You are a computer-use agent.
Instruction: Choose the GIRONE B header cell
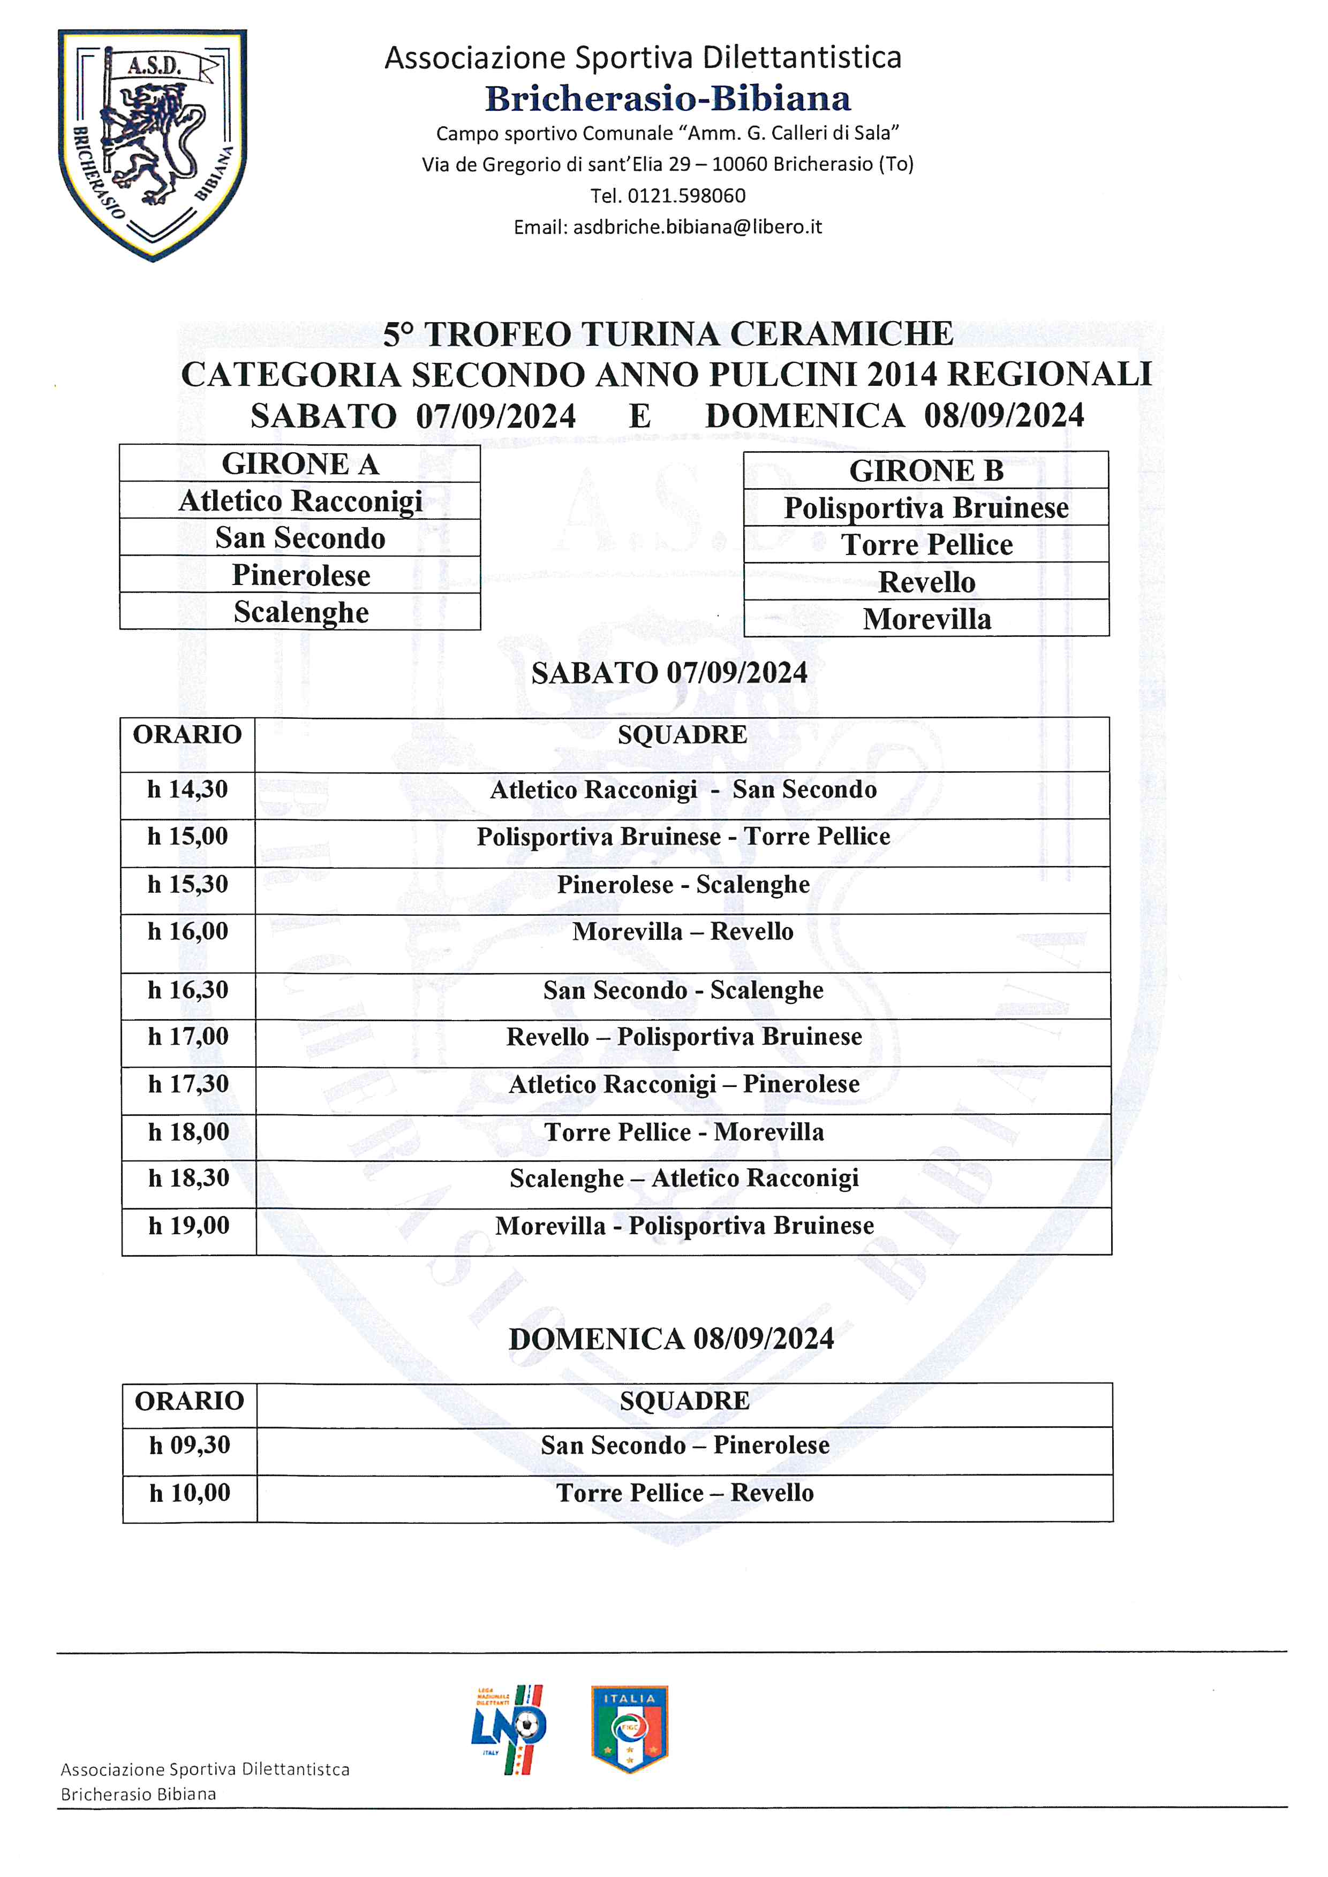926,471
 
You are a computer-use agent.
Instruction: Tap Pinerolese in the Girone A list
300,575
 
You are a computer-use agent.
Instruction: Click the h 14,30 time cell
187,790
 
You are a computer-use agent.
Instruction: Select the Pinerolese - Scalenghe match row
683,885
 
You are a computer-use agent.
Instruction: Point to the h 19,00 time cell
189,1226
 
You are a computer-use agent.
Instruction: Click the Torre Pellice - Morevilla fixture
684,1133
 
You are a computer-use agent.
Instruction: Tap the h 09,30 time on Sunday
190,1446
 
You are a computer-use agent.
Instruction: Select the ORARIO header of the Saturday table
187,735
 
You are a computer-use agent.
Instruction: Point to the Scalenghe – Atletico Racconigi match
684,1178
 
